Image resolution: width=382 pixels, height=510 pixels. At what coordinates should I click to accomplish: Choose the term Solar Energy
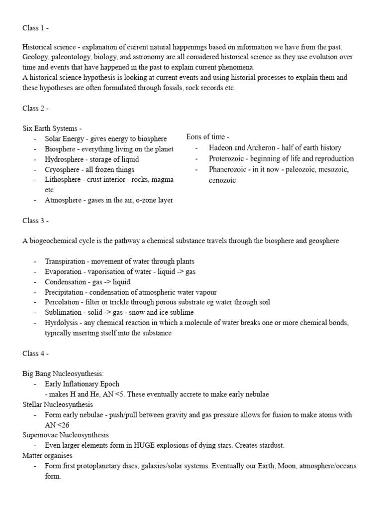coord(64,138)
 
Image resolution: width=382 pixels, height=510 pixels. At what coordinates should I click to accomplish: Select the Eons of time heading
coord(208,136)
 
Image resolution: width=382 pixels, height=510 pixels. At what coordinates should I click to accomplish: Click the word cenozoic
coord(222,180)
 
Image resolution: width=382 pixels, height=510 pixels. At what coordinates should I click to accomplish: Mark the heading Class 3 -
coord(35,220)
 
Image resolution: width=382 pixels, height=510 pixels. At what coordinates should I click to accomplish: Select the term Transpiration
coord(65,261)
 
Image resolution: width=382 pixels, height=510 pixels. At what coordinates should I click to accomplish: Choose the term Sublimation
coord(63,312)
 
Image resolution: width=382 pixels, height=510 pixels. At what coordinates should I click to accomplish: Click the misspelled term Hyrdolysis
coord(62,323)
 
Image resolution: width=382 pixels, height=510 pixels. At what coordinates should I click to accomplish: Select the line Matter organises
coord(47,456)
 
